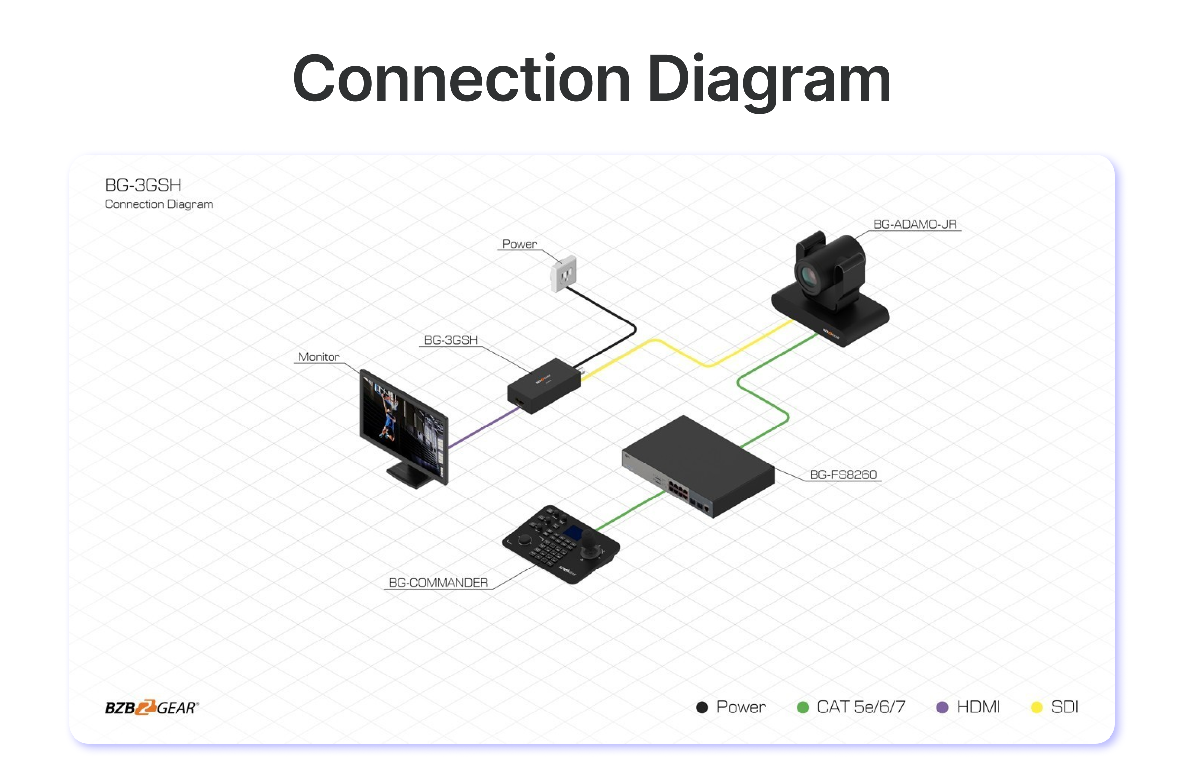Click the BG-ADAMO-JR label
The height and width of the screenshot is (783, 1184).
coord(914,225)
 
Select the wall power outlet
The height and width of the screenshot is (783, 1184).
coord(564,274)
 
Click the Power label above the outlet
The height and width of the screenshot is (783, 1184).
coord(519,244)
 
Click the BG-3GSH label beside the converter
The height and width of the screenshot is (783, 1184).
coord(450,340)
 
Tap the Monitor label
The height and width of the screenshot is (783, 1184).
coord(319,357)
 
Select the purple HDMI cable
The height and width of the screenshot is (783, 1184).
coord(482,428)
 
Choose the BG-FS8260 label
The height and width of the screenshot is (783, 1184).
coord(843,475)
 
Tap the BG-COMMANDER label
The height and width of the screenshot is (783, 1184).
coord(438,583)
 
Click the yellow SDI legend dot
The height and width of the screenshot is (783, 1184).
coord(1036,708)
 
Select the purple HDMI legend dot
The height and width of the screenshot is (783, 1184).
coord(942,708)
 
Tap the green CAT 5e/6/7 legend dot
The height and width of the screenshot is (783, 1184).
coord(803,708)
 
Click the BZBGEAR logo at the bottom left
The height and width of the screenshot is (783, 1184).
coord(151,708)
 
